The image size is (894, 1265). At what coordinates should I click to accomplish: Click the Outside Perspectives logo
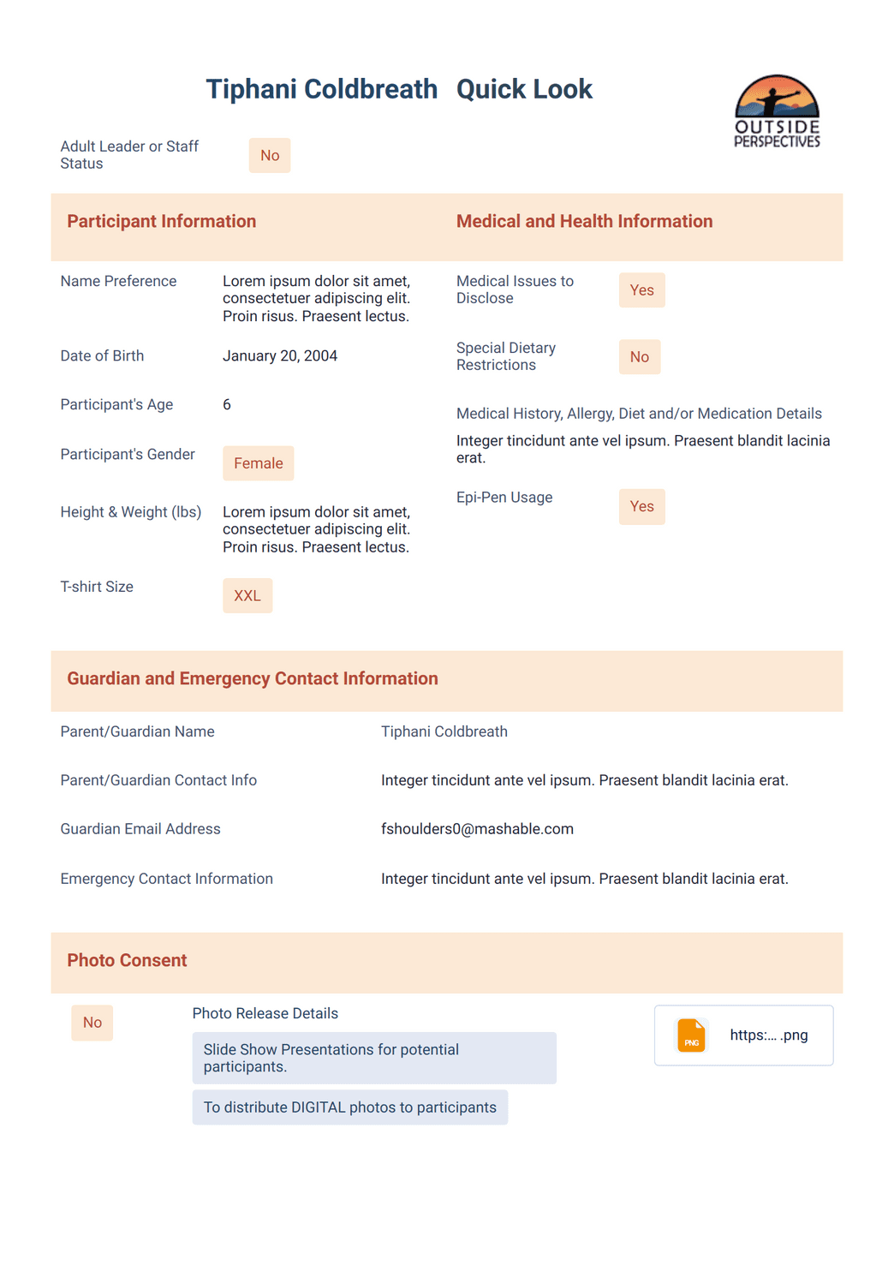tap(777, 111)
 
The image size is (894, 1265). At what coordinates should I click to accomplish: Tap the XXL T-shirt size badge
tap(247, 595)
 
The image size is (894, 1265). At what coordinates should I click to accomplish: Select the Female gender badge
tap(258, 463)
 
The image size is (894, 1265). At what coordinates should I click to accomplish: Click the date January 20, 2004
tap(280, 355)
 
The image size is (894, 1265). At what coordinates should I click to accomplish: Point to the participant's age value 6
tap(227, 404)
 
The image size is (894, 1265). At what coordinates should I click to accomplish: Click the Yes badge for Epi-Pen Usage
tap(641, 506)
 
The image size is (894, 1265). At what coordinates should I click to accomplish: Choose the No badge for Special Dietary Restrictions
tap(639, 357)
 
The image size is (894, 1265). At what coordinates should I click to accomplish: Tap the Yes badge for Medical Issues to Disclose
tap(641, 290)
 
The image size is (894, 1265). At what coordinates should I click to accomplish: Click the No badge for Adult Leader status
tap(270, 156)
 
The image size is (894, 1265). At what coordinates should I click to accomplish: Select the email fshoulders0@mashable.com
tap(477, 829)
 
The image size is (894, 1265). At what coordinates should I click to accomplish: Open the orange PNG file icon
tap(691, 1035)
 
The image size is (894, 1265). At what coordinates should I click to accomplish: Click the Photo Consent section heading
tap(127, 960)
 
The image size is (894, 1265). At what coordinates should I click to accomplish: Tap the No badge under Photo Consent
tap(92, 1023)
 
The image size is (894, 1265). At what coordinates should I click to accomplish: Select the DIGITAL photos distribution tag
tap(349, 1107)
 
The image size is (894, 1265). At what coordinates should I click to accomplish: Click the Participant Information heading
tap(162, 221)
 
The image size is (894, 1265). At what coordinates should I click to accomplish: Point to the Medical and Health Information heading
tap(584, 221)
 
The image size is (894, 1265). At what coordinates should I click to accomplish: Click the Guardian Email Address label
tap(140, 829)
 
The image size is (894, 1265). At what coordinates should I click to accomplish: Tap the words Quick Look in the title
tap(524, 89)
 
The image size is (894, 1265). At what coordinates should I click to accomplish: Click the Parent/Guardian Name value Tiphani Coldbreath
tap(444, 731)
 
